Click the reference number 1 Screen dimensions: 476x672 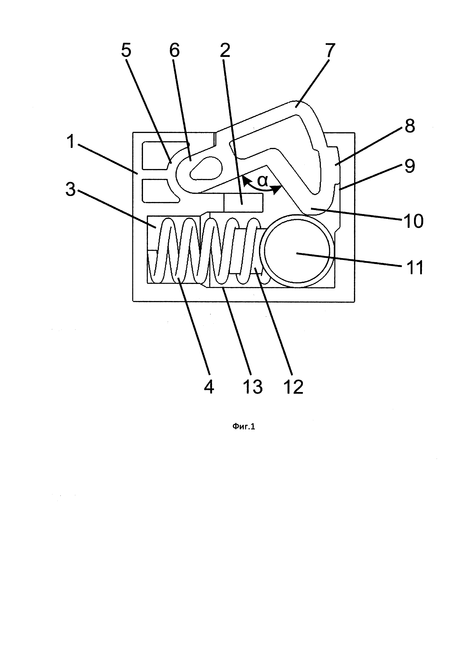pyautogui.click(x=71, y=142)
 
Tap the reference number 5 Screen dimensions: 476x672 pyautogui.click(x=126, y=51)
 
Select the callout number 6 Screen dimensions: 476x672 pyautogui.click(x=174, y=51)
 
